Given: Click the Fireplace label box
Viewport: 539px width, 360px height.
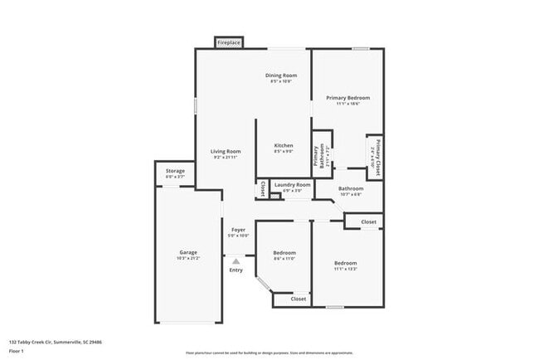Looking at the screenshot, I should pyautogui.click(x=228, y=42).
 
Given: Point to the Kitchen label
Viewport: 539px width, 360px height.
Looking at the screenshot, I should pyautogui.click(x=284, y=145).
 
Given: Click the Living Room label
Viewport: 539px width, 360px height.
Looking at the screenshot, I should pyautogui.click(x=225, y=151).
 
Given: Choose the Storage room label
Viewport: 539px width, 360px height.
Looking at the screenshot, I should pyautogui.click(x=175, y=171).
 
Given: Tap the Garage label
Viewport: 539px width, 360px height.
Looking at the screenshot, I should pyautogui.click(x=188, y=252).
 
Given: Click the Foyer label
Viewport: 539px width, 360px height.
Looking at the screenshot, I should pyautogui.click(x=238, y=230).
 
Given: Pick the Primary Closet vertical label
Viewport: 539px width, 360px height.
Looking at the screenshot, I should pyautogui.click(x=376, y=156).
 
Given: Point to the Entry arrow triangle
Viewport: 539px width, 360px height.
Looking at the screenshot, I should pyautogui.click(x=236, y=260).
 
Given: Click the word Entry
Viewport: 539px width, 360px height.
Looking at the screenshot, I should pyautogui.click(x=236, y=270).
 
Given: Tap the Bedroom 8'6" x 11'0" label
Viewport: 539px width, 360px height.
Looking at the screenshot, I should pyautogui.click(x=284, y=252).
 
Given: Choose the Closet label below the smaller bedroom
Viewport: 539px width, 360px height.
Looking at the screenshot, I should pyautogui.click(x=299, y=299).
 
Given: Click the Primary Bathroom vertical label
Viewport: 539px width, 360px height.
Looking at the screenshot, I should pyautogui.click(x=316, y=156).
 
